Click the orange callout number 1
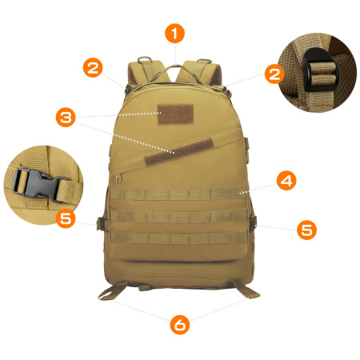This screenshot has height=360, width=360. point(175,34)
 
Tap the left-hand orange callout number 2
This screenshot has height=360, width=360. point(94,68)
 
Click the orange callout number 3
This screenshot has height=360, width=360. point(66,118)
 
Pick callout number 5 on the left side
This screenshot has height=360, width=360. point(66,217)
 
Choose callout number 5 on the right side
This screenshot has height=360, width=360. point(306,230)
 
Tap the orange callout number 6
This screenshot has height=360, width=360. point(180,325)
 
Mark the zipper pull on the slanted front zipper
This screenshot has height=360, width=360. point(120,174)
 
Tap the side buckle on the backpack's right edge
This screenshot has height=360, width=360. point(253,222)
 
